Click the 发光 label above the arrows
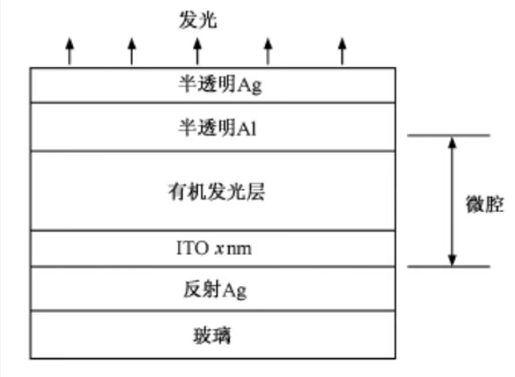click(198, 20)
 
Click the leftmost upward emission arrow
click(70, 52)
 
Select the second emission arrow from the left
click(132, 52)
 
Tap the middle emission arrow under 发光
click(197, 52)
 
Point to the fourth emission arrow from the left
click(268, 52)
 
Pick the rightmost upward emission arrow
click(342, 52)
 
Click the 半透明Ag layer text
click(220, 85)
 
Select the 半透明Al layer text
click(217, 127)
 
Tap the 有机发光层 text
click(217, 192)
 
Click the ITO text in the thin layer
click(193, 248)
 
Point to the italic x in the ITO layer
click(219, 250)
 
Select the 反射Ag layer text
click(215, 290)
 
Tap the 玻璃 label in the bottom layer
click(212, 335)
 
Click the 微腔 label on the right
click(485, 204)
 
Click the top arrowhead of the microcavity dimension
click(453, 143)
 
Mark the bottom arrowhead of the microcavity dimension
click(453, 259)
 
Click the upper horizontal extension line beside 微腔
click(449, 135)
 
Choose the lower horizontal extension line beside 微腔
click(449, 266)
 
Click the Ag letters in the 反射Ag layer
click(235, 291)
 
